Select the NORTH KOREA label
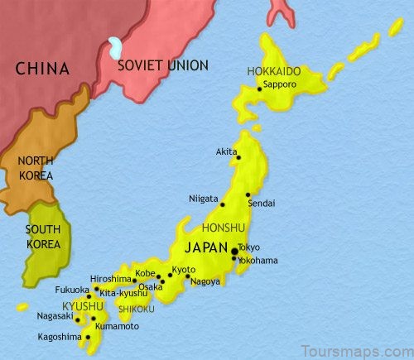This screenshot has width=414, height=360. [x=35, y=169]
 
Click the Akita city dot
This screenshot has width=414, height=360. [x=238, y=156]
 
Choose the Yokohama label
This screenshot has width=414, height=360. [x=257, y=260]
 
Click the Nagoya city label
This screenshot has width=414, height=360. [x=205, y=281]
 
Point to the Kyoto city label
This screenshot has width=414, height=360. [x=184, y=270]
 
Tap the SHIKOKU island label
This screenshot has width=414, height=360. [x=137, y=309]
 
